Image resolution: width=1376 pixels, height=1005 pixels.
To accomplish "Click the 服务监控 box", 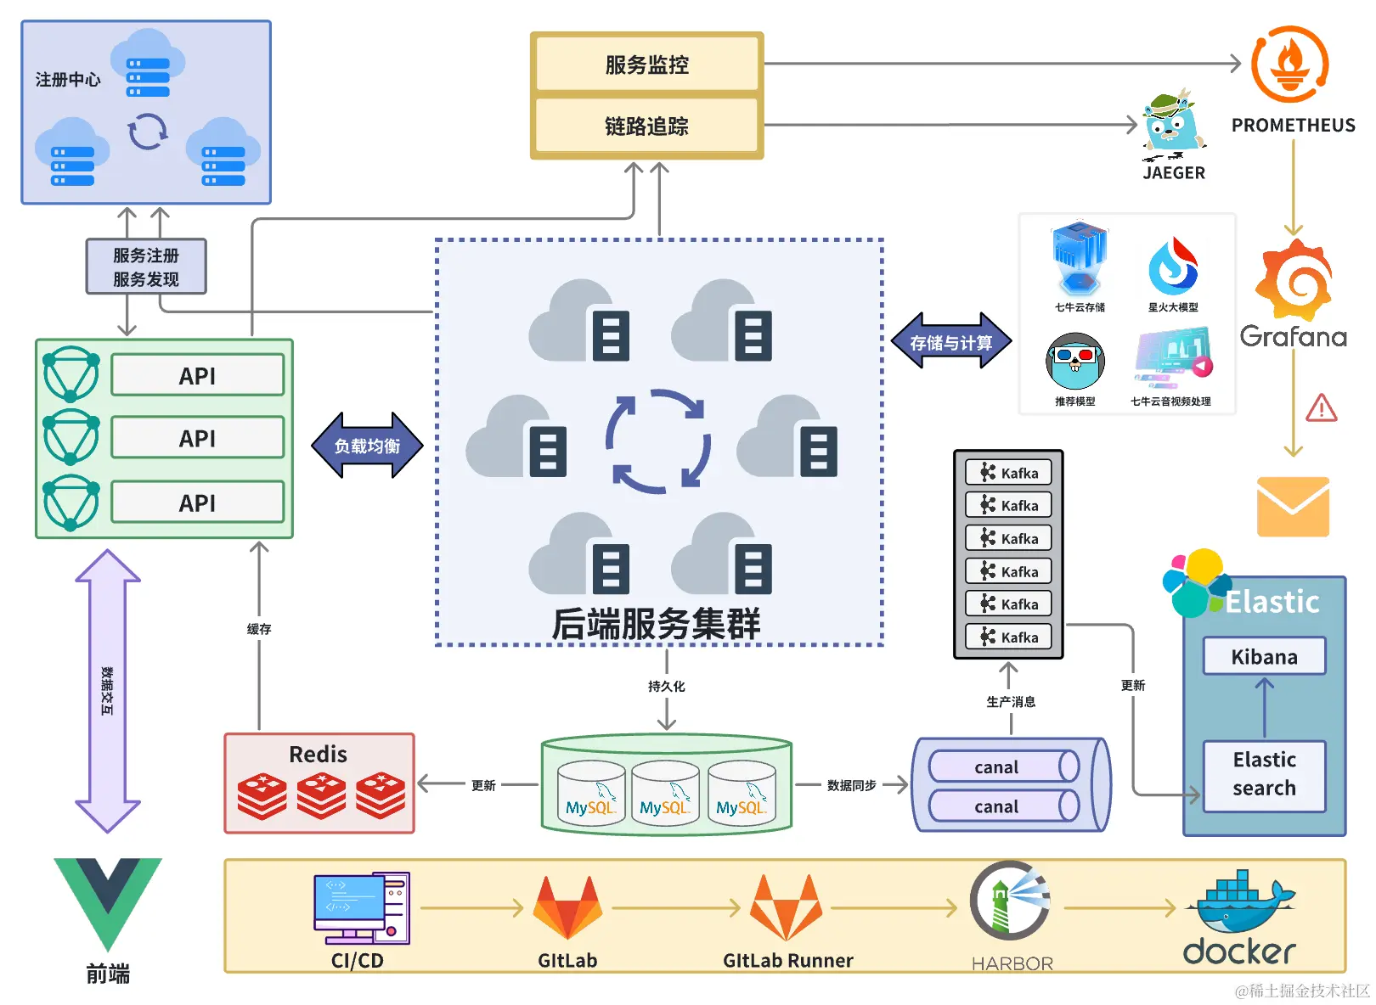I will point(646,65).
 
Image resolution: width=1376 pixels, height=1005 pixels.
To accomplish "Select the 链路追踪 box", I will point(646,126).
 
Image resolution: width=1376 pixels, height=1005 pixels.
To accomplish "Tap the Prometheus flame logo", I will point(1289,65).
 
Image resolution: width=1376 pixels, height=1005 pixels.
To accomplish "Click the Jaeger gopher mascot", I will point(1173,126).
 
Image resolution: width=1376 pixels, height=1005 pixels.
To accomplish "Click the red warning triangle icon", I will point(1322,408).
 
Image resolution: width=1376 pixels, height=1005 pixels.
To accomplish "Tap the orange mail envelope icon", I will point(1293,507).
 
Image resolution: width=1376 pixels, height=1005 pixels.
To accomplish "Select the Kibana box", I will point(1264,657).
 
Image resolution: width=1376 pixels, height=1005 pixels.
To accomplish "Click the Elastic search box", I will point(1264,774).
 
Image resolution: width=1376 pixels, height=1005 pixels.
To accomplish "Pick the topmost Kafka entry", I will point(1008,473).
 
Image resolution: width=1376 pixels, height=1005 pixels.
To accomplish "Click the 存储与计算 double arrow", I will point(950,342).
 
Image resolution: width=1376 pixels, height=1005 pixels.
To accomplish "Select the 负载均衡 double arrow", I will point(366,446).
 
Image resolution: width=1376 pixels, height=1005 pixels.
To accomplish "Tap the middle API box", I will point(197,438).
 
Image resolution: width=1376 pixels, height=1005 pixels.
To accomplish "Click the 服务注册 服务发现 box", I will point(146,267).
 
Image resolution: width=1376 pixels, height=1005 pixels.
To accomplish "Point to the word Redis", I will point(318,754).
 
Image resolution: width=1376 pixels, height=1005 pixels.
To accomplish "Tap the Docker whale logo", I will point(1243,903).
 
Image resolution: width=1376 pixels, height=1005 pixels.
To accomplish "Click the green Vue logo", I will point(108,901).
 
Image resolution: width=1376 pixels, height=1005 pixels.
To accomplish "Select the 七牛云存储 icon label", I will point(1080,307).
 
